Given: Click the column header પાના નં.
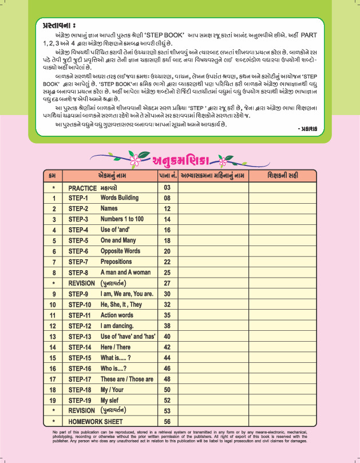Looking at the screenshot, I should (x=167, y=175).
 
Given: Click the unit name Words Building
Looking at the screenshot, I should (x=120, y=198).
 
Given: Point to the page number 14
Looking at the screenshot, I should (x=167, y=219).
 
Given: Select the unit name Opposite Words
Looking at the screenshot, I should (x=120, y=251).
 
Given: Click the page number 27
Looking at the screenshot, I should (x=167, y=283).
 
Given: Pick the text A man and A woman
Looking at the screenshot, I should (x=125, y=272).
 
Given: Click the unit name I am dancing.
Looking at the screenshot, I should (x=118, y=326).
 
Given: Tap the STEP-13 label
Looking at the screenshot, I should (x=80, y=337).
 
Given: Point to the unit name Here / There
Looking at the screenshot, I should (x=116, y=347).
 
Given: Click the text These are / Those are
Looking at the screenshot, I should (x=127, y=379).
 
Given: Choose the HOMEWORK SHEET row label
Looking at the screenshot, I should (x=96, y=421).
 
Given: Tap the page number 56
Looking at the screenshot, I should (x=167, y=421).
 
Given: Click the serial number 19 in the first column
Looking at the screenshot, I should (x=53, y=400).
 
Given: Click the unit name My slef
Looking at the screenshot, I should (x=112, y=400).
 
